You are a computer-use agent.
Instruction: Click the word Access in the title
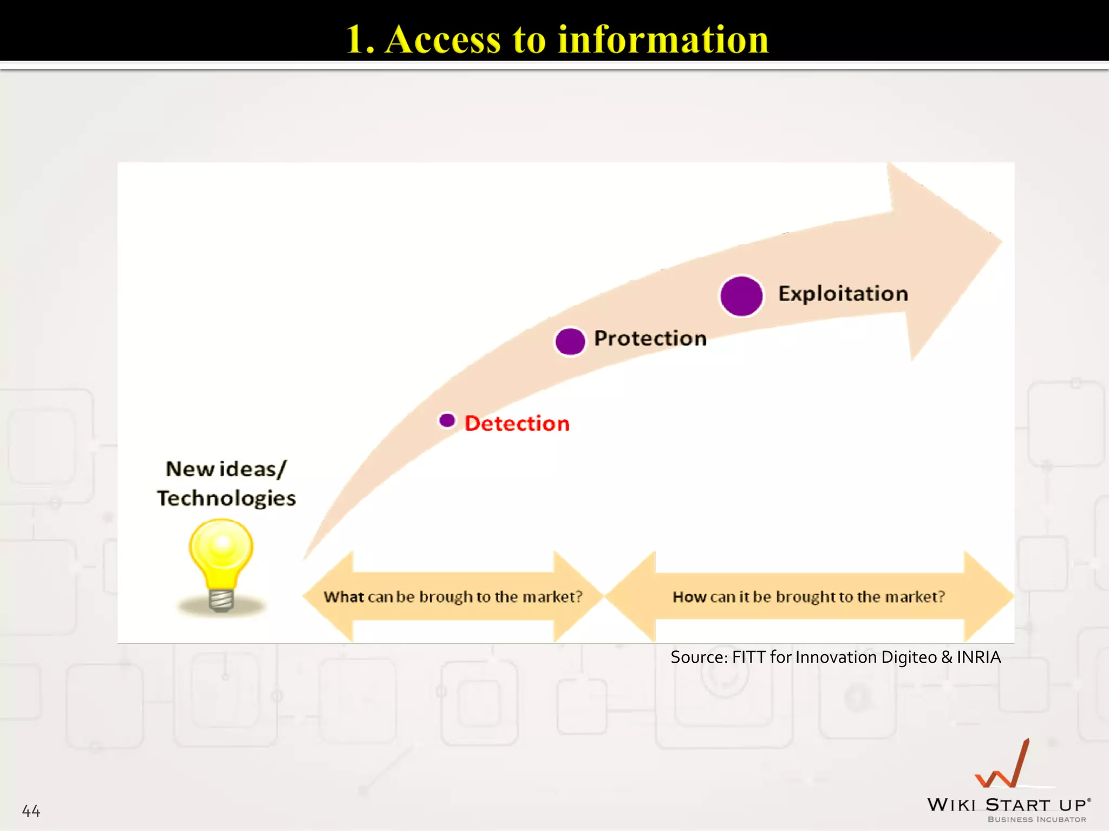pos(442,40)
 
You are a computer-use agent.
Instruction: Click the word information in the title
pos(663,40)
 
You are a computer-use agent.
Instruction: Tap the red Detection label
pos(517,423)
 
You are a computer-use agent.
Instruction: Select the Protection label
pos(650,338)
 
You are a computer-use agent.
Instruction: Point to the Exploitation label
pos(843,294)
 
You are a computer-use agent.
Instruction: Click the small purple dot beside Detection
pos(447,420)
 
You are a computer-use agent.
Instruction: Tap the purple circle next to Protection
pos(570,341)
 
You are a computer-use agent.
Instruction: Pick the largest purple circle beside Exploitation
pos(741,296)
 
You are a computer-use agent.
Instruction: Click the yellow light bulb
pos(221,552)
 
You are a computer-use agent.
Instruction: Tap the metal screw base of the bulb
pos(221,599)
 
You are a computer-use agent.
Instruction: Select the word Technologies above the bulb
pos(226,498)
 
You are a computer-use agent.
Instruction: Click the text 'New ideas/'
pos(226,469)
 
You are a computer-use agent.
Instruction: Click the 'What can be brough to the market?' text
pos(453,597)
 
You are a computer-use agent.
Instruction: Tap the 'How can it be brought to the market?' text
pos(808,597)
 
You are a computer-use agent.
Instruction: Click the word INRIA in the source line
pos(978,657)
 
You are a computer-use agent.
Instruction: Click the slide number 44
pos(31,811)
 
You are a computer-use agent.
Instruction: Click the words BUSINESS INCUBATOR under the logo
pos(1036,820)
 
